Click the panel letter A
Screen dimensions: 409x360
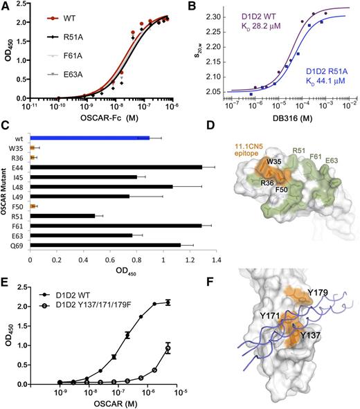click(6, 6)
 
